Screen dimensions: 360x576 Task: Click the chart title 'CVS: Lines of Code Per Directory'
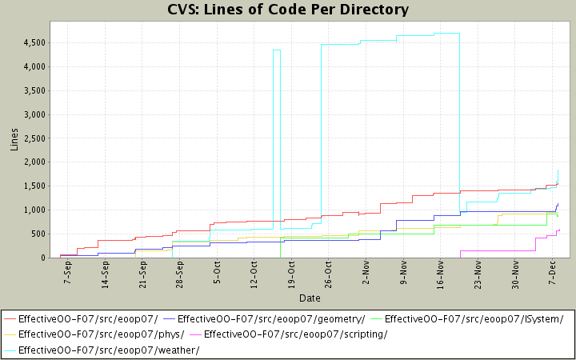tap(288, 10)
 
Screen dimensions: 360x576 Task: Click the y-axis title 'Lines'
tap(14, 139)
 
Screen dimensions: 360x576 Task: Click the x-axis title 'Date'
tap(310, 298)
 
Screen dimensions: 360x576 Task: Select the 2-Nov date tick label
tap(366, 274)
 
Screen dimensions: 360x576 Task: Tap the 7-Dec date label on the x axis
tap(552, 274)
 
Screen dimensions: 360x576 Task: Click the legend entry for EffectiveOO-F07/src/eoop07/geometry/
tap(271, 318)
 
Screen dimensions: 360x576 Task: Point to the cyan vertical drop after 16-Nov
tap(459, 120)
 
